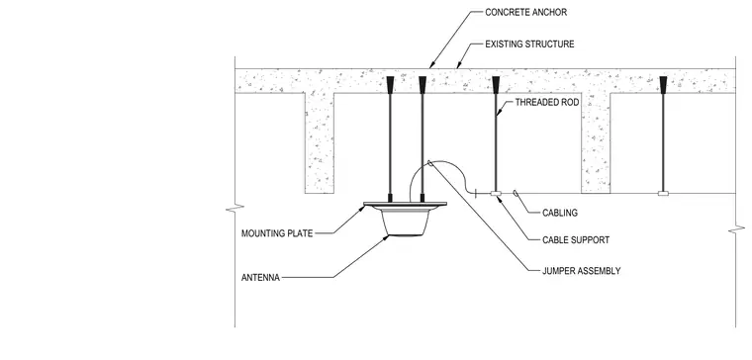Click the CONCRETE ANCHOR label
pos(525,13)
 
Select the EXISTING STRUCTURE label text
pos(529,45)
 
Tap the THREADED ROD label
pos(547,102)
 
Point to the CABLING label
pos(560,213)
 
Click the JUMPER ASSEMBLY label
pos(581,271)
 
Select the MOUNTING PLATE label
pos(277,234)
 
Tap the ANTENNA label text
pos(260,278)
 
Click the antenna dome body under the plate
pos(406,222)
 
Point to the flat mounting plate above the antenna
pos(406,204)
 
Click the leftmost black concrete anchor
pos(390,84)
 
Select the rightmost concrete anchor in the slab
pos(663,84)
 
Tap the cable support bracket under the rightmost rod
pos(663,193)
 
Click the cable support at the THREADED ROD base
pos(496,193)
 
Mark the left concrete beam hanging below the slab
pos(320,142)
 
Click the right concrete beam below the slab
pos(596,142)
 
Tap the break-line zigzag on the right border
pos(736,230)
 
